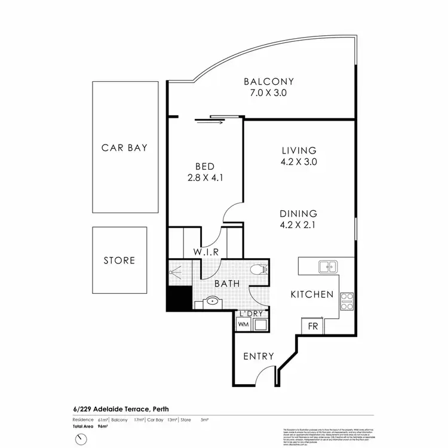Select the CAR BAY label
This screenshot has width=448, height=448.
124,148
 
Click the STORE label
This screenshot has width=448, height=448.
119,260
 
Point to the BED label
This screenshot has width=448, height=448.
205,166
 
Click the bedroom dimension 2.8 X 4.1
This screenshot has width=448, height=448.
205,177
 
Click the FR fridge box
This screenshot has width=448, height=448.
312,327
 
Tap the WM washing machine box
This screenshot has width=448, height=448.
244,324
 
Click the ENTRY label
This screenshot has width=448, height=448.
259,357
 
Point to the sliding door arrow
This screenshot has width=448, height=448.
209,123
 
